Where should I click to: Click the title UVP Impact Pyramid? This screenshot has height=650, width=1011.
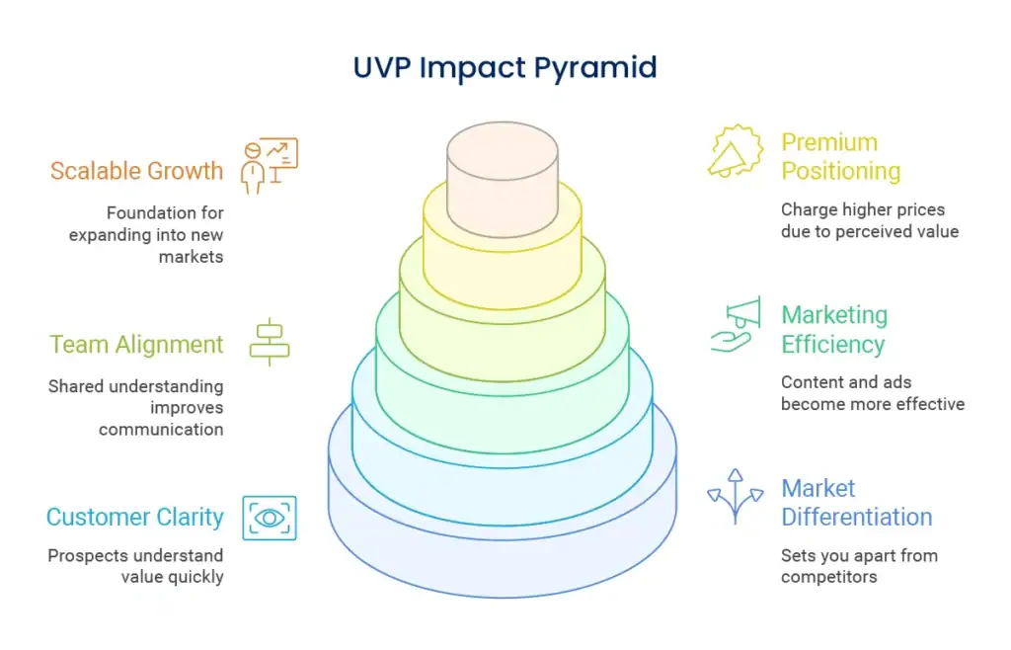tap(505, 67)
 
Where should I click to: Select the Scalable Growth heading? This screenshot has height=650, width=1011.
tap(136, 171)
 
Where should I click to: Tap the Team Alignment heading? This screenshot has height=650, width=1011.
tap(136, 345)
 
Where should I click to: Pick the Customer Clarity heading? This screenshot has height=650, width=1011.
tap(135, 517)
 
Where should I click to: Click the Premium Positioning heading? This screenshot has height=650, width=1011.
tap(840, 157)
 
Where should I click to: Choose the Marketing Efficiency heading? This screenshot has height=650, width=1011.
tap(834, 330)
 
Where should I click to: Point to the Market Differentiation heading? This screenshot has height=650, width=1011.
tap(856, 503)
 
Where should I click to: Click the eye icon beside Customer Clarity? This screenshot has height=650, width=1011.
tap(270, 518)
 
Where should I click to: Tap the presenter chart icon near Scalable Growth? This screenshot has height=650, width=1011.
tap(270, 165)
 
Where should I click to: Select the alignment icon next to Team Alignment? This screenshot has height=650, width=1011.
tap(269, 343)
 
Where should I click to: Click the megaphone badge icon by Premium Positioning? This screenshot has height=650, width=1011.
tap(736, 152)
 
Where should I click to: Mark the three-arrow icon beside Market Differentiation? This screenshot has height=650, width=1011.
tap(736, 496)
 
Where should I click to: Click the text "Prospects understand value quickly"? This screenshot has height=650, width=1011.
tap(135, 566)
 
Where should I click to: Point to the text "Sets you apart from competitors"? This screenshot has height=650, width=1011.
tap(859, 566)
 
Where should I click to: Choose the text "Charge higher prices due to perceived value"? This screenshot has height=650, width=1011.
tap(869, 220)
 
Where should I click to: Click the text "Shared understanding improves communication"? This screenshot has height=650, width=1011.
tap(135, 408)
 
